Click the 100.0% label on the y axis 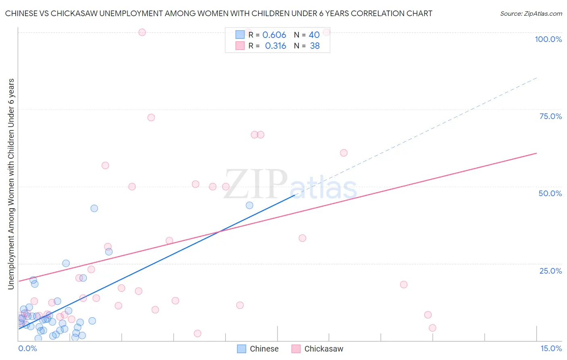coord(548,39)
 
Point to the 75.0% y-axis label coord(550,116)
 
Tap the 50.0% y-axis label coord(550,193)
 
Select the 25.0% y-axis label coord(550,271)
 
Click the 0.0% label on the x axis coord(27,348)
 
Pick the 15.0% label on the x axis coord(551,348)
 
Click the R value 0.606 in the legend coord(274,35)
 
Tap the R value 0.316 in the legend coord(275,46)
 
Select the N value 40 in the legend coord(314,35)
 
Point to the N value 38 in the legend coord(315,46)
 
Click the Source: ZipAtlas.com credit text coord(531,14)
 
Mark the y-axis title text coord(11,184)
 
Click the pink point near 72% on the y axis coord(151,117)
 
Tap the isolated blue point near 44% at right coord(250,205)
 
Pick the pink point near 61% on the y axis coord(344,153)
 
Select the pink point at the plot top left coord(142,32)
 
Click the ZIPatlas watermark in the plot coord(290,185)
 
